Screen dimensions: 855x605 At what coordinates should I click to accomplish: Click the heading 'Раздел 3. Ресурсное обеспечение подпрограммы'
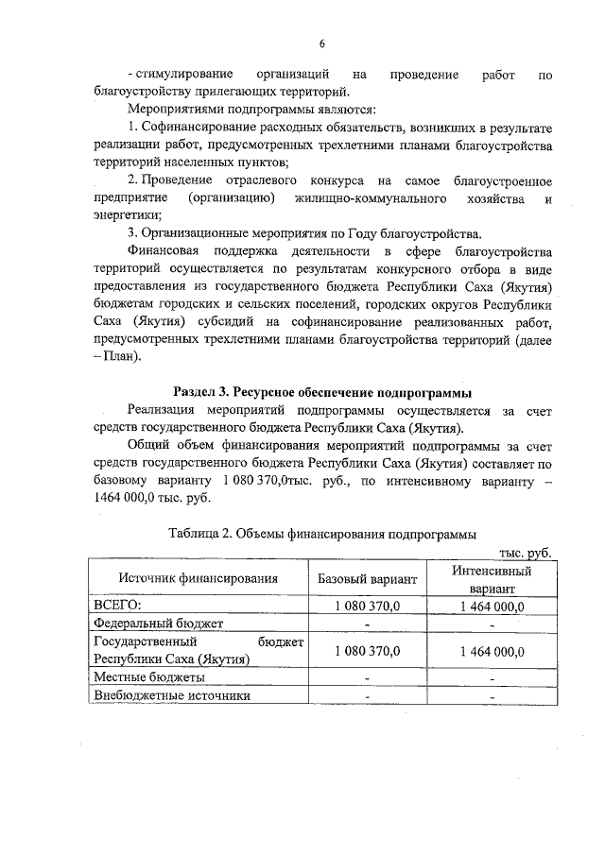tap(322, 391)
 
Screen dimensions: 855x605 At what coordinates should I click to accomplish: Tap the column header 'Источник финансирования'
tap(198, 577)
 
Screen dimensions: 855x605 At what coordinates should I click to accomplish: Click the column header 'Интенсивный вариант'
tap(491, 578)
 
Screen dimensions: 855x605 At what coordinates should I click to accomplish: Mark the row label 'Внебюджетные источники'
tap(171, 696)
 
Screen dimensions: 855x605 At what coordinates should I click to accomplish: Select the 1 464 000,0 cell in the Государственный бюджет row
tap(491, 651)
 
